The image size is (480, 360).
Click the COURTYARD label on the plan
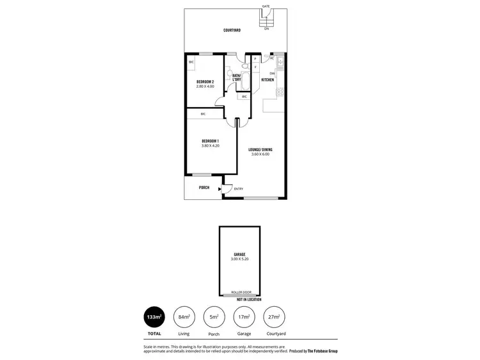(x=232, y=31)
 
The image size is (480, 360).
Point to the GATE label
(x=266, y=6)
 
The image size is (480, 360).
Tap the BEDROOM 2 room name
(x=205, y=81)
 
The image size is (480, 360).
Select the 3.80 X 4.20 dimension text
(x=210, y=145)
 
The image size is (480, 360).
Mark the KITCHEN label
(x=268, y=80)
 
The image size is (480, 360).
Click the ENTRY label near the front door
(x=238, y=189)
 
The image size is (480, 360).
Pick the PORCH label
(x=204, y=188)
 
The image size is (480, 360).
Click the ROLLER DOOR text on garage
(x=240, y=293)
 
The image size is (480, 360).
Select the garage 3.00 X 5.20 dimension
(x=240, y=259)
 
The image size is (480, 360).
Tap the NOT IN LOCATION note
(x=248, y=299)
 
